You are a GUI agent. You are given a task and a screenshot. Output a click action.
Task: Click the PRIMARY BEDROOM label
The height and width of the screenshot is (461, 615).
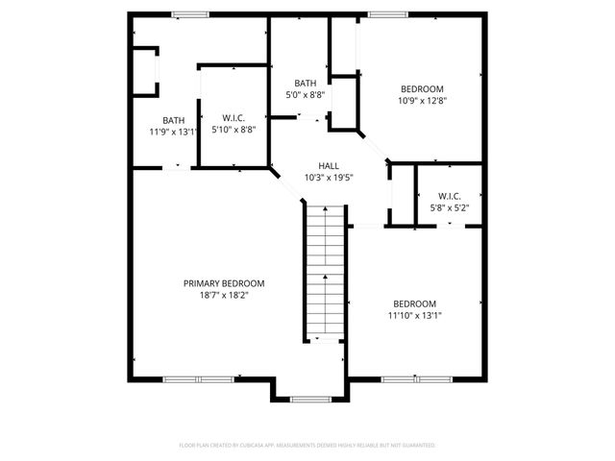[x=224, y=283]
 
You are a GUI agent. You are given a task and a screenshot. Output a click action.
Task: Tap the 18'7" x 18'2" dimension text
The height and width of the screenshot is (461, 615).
[x=224, y=295]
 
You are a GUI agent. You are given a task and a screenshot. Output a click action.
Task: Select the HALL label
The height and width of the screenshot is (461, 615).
[x=329, y=165]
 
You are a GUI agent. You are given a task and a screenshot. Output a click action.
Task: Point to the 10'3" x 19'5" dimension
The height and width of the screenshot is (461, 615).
[x=329, y=178]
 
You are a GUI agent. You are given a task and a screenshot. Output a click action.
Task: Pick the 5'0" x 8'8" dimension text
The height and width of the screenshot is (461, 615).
[x=306, y=95]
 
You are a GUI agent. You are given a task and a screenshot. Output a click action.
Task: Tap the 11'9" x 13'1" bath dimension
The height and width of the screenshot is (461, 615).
[x=174, y=132]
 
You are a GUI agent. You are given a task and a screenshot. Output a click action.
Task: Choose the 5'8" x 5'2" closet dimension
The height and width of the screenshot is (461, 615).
[x=448, y=207]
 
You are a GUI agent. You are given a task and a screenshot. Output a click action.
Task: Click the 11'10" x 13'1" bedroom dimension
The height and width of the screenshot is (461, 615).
[x=414, y=315]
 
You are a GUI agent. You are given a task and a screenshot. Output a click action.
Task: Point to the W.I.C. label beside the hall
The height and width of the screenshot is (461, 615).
[x=448, y=196]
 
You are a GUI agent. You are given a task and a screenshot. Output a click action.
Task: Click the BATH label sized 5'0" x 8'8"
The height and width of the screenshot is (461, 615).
[x=306, y=84]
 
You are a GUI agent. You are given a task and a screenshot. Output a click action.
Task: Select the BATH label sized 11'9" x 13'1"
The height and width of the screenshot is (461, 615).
[x=174, y=120]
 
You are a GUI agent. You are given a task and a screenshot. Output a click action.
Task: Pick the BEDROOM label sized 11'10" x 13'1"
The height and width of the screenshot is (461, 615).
[x=414, y=303]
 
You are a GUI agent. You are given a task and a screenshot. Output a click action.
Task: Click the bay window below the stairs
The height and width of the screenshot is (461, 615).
[x=309, y=400]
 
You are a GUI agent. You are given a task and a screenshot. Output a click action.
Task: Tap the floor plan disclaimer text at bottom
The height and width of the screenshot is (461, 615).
[x=307, y=446]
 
